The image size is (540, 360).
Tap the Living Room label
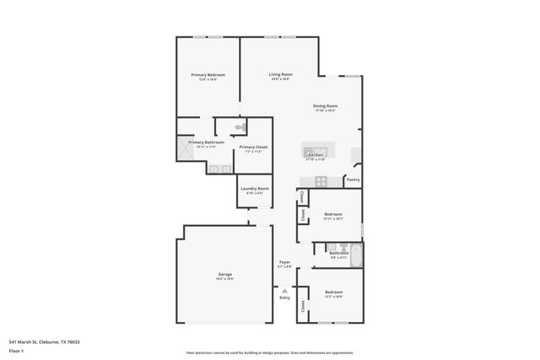pos(280,74)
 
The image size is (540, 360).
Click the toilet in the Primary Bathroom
pos(240,128)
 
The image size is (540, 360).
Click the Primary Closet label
pos(253,148)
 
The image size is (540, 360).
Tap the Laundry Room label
pos(254,188)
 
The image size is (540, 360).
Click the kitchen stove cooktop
pos(321,181)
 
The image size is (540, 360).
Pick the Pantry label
pos(353,180)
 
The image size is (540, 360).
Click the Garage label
pos(224,274)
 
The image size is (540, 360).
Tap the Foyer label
pos(285,262)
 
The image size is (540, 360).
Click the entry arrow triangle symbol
pos(285,290)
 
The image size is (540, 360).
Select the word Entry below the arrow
pos(285,298)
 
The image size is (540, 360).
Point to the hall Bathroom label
pos(338,253)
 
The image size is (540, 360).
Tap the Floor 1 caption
pos(17,349)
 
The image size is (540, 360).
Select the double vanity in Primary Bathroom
pos(220,169)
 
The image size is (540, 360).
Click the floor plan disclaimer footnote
pos(269,353)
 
